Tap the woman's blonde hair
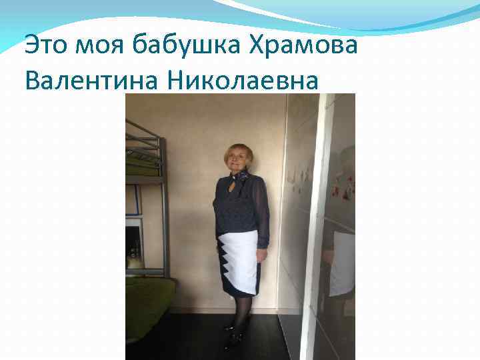(x=238, y=149)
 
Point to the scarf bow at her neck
(x=243, y=176)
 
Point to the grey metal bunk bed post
(x=164, y=200)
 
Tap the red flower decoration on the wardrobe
(x=335, y=191)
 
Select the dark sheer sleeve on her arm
(x=263, y=213)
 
